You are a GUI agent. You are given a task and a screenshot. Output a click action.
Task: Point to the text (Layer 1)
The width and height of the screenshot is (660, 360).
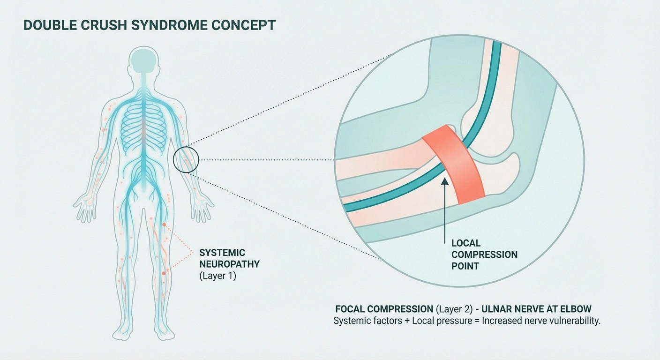[218, 276]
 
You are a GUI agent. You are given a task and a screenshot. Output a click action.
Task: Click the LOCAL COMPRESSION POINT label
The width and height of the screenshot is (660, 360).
[484, 255]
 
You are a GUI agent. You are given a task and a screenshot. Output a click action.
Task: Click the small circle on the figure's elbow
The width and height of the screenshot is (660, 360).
[186, 160]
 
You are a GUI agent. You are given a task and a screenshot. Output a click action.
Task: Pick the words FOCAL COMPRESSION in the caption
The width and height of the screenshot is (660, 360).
[384, 309]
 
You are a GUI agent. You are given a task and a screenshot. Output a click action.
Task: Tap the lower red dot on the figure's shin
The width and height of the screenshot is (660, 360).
[164, 273]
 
